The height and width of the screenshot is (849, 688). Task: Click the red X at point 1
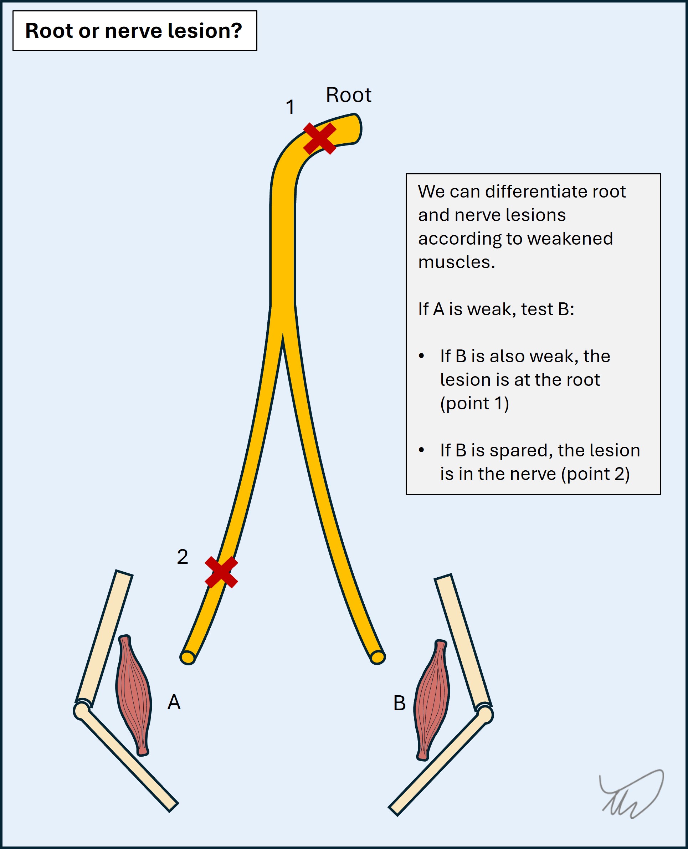pos(319,138)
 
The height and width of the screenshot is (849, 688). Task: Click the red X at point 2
pos(221,572)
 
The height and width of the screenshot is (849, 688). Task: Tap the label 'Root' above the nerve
pos(348,95)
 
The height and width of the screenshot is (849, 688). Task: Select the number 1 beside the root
pos(291,107)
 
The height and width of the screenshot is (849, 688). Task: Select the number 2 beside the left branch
pos(182,557)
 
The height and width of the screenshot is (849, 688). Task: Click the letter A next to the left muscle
pos(174,702)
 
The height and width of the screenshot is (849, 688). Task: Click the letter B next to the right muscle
pos(399,703)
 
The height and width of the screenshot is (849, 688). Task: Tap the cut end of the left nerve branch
pos(188,658)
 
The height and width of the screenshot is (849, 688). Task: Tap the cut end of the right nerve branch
pos(378,657)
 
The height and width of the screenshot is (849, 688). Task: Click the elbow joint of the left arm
pos(81,711)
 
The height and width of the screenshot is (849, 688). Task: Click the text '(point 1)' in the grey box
pos(474,404)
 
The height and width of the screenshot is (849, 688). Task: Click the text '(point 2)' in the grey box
pos(595,474)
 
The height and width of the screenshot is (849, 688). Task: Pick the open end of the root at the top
pos(355,129)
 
